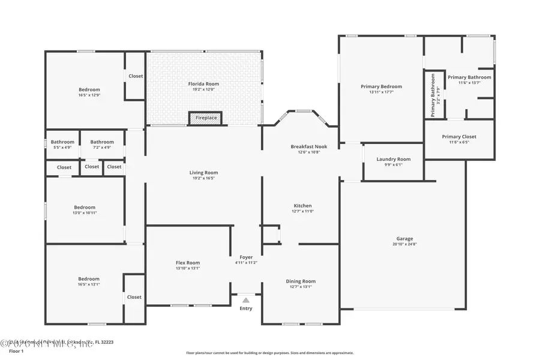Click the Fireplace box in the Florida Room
click(205, 118)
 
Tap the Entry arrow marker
click(246, 300)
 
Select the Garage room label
click(404, 239)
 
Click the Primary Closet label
click(459, 136)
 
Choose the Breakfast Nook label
click(309, 146)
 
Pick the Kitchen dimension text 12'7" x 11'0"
click(303, 211)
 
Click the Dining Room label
click(301, 281)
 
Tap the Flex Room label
click(188, 263)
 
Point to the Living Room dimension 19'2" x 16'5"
click(203, 178)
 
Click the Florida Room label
click(203, 83)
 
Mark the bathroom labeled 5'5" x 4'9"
click(62, 147)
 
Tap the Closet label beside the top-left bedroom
click(136, 76)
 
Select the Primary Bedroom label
click(381, 86)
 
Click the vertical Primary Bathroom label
click(433, 95)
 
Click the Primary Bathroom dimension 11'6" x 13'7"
click(469, 83)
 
